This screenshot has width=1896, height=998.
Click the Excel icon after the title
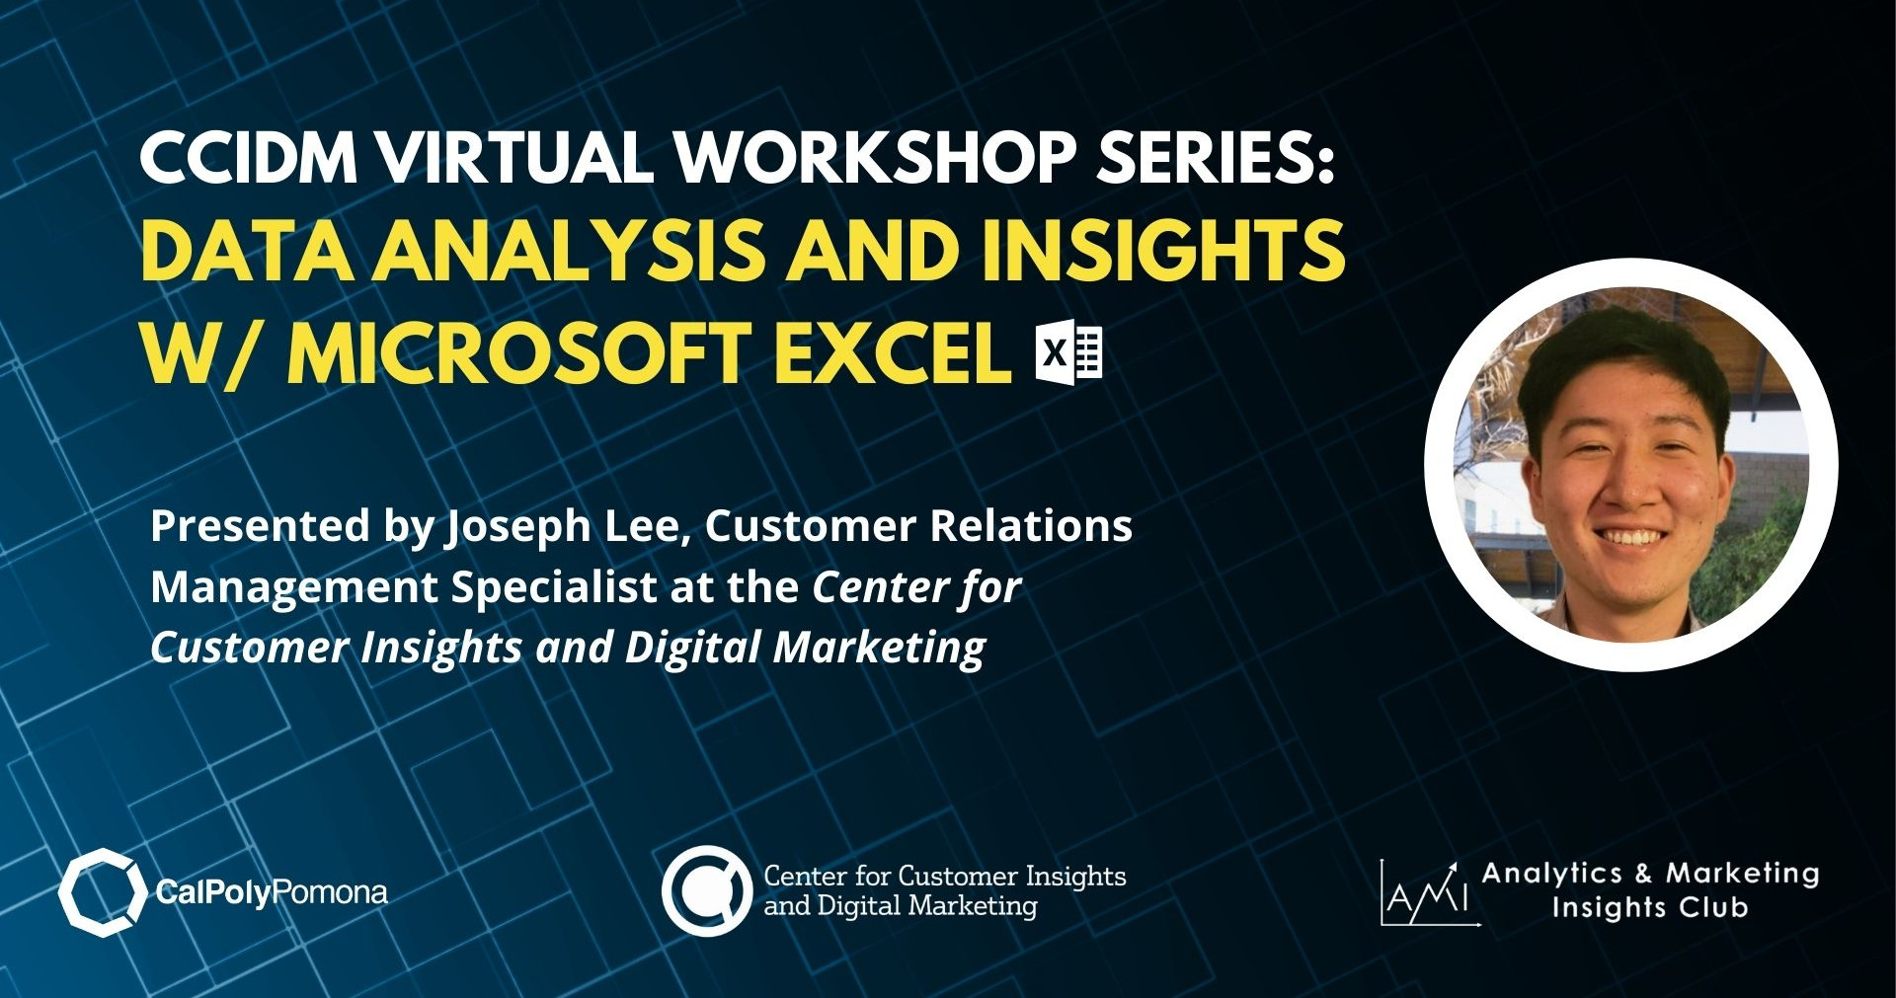coord(1068,352)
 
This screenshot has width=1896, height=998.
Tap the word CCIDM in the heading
coord(249,158)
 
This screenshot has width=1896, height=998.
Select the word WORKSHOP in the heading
coord(875,158)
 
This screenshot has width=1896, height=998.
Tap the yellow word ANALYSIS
coord(569,250)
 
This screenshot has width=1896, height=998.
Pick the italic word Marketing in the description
coord(879,650)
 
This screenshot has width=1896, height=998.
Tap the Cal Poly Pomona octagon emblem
coord(102,892)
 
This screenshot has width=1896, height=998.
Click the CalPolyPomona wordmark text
coord(272,893)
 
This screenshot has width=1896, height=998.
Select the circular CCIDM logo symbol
coord(707,890)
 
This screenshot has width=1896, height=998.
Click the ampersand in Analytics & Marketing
coord(1643,874)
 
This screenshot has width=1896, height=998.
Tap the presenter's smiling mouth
coord(1630,538)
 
